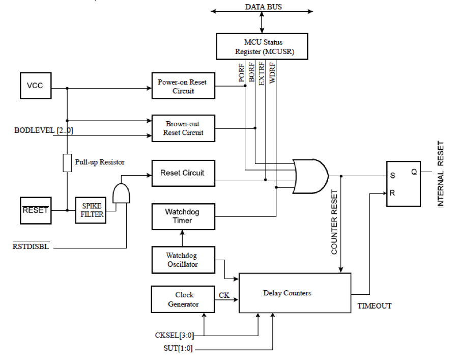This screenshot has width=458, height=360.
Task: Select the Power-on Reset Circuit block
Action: [x=183, y=86]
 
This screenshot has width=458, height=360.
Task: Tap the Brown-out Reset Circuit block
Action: [x=183, y=128]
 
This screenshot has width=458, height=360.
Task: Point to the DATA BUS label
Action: [x=263, y=7]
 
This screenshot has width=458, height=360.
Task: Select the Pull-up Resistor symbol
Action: [x=67, y=162]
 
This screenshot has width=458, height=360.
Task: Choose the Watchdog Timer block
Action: [x=183, y=216]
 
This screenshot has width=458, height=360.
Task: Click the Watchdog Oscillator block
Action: [x=183, y=260]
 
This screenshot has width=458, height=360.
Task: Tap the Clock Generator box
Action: [x=183, y=299]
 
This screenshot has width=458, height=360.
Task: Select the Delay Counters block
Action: [x=295, y=293]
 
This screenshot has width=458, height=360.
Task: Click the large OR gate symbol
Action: [x=310, y=176]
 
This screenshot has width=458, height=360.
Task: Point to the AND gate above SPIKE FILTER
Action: [x=121, y=193]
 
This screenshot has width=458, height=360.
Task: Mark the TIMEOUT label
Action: [x=375, y=306]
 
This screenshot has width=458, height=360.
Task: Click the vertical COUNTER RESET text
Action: [x=334, y=222]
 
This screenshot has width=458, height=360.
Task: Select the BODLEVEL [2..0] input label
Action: [x=44, y=131]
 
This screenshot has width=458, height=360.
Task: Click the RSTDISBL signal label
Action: [x=31, y=247]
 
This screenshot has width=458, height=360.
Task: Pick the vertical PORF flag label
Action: [x=242, y=73]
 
